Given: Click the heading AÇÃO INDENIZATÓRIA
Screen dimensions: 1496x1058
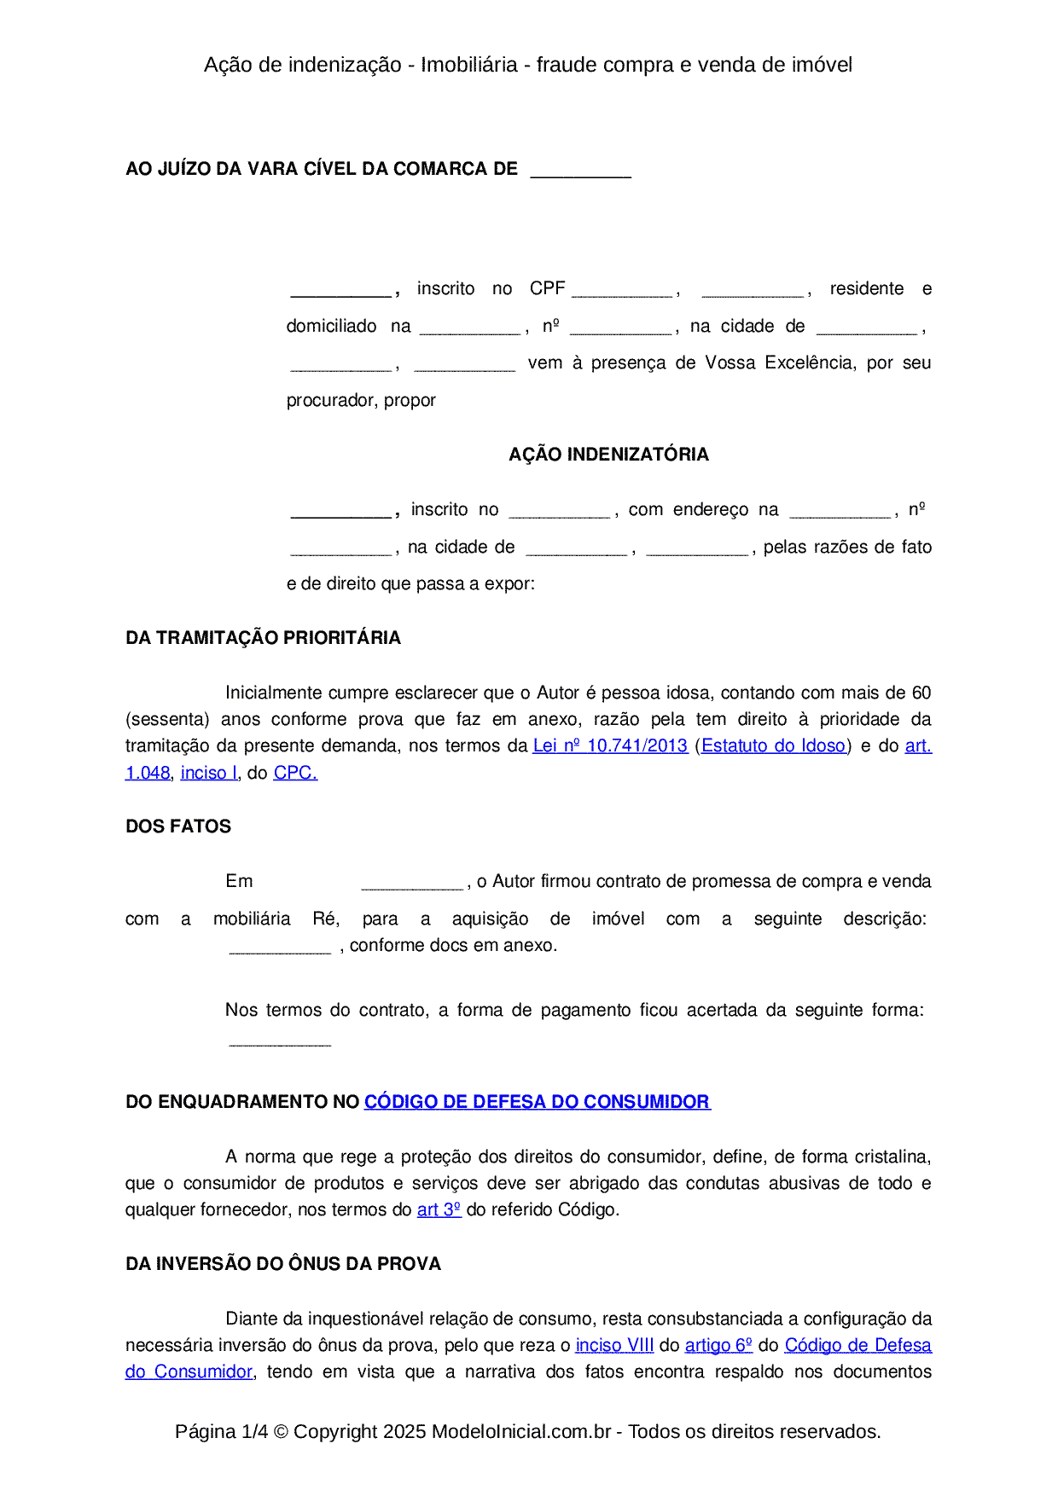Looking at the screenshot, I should (608, 455).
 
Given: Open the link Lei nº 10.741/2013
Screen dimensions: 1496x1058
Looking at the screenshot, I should (610, 746).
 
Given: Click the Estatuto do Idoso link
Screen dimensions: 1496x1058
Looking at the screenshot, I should (773, 746).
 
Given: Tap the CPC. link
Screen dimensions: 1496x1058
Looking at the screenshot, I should (295, 773).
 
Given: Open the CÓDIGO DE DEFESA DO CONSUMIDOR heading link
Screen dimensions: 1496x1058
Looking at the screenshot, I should (537, 1102).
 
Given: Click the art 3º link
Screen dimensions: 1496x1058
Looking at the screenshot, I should (439, 1209).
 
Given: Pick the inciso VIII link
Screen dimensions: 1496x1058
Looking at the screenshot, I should (614, 1345).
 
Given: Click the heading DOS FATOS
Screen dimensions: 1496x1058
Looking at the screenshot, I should (178, 826).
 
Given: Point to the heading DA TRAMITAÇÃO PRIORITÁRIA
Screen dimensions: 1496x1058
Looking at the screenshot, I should (263, 638).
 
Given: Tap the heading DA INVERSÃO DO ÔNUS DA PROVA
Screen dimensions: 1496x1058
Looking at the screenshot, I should (283, 1264).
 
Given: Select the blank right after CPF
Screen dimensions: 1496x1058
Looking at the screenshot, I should (622, 290).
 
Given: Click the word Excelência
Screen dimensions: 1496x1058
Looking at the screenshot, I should (810, 363).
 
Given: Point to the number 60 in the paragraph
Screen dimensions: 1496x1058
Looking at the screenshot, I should (921, 693).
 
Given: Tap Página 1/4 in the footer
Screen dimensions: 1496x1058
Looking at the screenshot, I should (221, 1431).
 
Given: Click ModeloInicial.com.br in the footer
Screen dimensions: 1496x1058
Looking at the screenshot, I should (521, 1431).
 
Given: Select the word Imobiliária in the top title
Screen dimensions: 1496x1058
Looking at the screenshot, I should (469, 65).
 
